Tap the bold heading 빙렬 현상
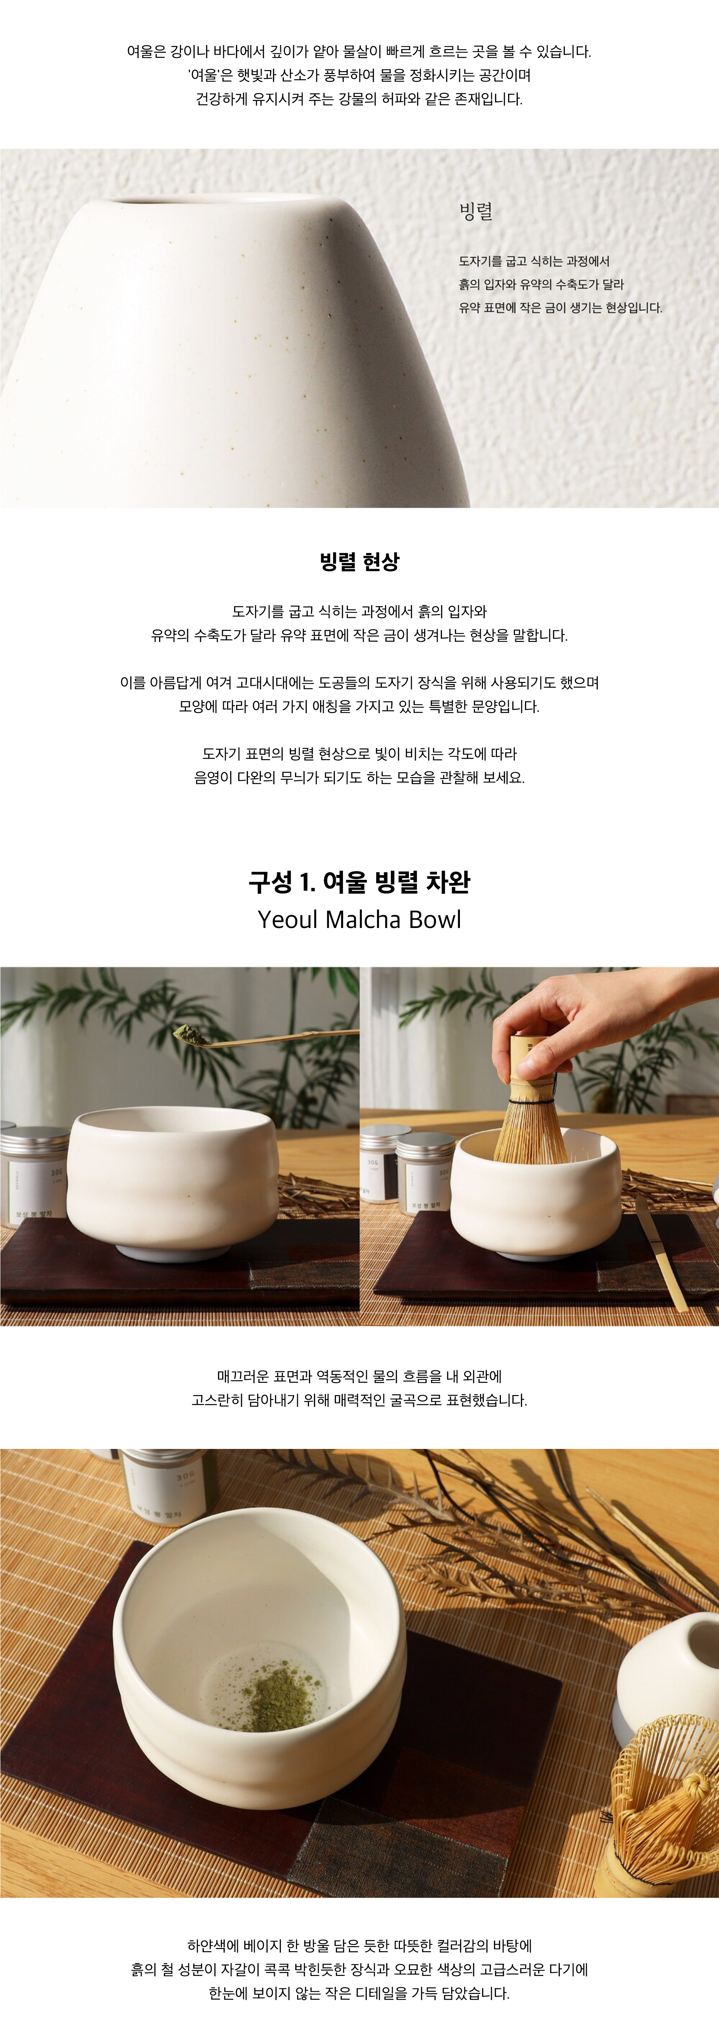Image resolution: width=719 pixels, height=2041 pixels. tap(359, 562)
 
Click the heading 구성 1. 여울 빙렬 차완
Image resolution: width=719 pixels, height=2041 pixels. tap(359, 881)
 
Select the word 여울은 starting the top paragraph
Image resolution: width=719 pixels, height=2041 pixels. tap(146, 52)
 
